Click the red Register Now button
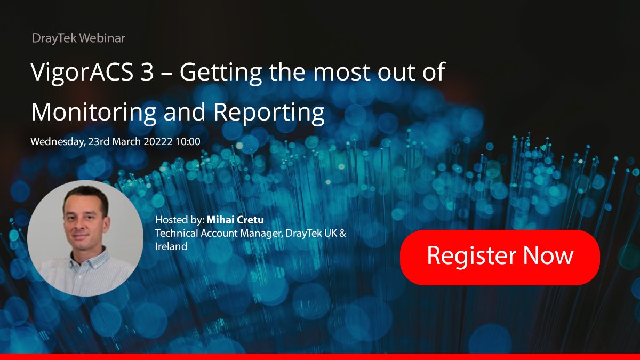tap(500, 258)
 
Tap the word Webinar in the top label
tap(102, 38)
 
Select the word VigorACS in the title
tap(82, 73)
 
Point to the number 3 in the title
tap(147, 71)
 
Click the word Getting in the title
tap(221, 73)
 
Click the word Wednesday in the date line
tap(58, 142)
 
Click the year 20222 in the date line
tap(158, 141)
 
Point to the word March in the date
tap(126, 141)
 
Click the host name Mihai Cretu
tap(235, 220)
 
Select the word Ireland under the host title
tap(171, 246)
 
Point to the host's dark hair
tap(86, 195)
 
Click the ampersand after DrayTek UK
tap(342, 233)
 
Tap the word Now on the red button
tap(548, 255)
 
